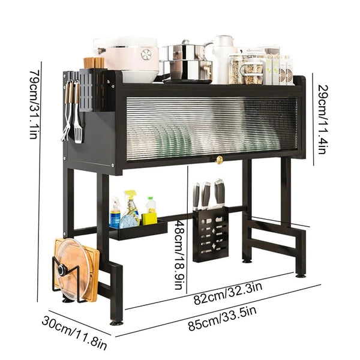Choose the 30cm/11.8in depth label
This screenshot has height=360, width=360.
74,332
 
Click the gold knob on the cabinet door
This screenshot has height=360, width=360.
218,160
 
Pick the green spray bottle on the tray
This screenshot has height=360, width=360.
131,207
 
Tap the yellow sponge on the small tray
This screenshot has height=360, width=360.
149,218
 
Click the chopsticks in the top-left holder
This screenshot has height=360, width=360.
94,62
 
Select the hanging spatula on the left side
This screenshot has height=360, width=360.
77,118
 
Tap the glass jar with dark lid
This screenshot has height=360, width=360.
253,71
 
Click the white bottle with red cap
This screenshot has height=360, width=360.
151,205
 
